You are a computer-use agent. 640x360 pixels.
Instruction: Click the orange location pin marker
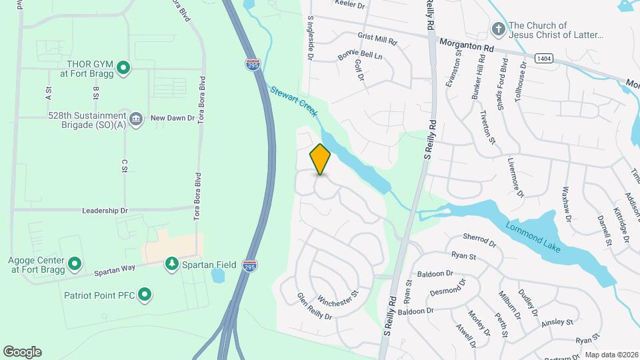tap(320, 159)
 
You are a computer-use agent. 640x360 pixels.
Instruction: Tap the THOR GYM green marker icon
tap(123, 67)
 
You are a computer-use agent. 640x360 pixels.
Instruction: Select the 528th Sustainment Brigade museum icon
tap(136, 119)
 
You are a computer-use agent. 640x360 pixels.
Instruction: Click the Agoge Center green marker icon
tap(75, 264)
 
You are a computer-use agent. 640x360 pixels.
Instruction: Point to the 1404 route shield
tap(543, 59)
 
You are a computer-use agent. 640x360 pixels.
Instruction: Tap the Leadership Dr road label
tap(105, 211)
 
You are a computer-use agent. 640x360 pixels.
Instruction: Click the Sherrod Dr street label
tap(479, 240)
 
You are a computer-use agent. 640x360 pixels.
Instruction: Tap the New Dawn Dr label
tap(172, 118)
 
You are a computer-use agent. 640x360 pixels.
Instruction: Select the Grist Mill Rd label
tap(377, 39)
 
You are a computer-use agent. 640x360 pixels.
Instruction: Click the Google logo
tap(22, 352)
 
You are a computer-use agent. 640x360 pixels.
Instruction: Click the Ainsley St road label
tap(557, 322)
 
